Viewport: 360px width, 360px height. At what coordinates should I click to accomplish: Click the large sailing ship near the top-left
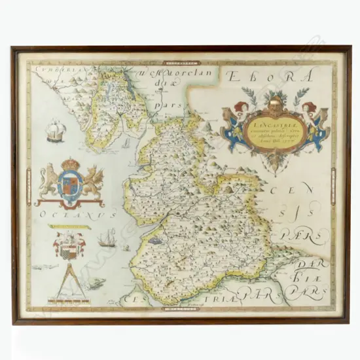(x=55, y=131)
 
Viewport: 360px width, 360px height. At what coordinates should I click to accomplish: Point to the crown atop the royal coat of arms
(x=71, y=164)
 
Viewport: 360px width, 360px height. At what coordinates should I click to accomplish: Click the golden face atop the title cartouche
(x=278, y=99)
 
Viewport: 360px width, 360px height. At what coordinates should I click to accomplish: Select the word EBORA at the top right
(x=269, y=77)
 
